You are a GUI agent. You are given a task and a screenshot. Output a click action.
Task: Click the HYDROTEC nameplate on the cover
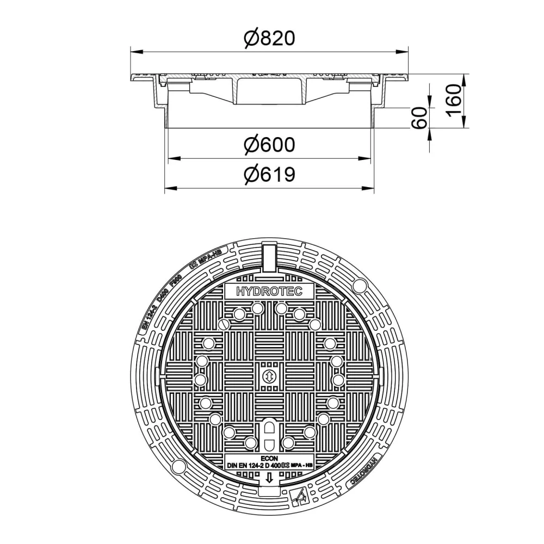[x=269, y=291]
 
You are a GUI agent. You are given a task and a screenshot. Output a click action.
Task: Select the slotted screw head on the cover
[x=225, y=325]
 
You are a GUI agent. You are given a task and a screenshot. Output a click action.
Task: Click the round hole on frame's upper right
[x=360, y=286]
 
